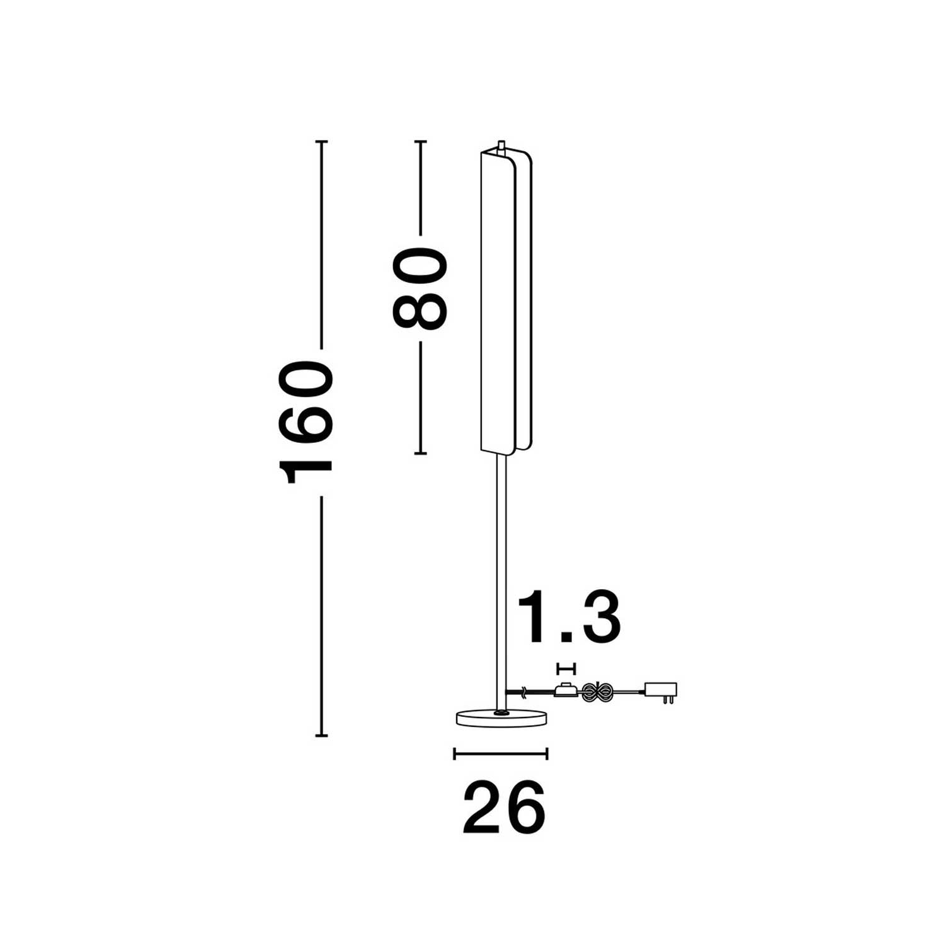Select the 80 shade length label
[x=420, y=289]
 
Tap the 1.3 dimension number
[x=569, y=617]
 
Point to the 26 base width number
[x=504, y=808]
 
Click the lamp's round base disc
[x=501, y=717]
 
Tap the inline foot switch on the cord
[x=566, y=690]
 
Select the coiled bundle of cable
[x=595, y=692]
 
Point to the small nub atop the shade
[x=501, y=145]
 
